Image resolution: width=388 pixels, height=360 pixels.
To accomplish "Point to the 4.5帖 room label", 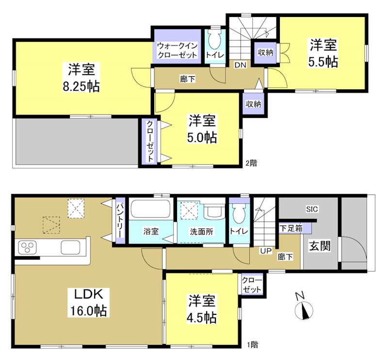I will coord(202,310).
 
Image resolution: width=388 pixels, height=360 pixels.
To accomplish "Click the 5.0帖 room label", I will coord(203,129).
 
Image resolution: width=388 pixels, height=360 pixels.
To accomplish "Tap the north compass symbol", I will coord(304,308).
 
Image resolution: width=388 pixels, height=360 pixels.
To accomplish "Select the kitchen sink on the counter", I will coord(70,247).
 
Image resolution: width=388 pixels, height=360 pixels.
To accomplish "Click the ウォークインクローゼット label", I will coord(177,51).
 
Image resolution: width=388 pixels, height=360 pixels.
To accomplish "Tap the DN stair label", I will coord(241,65).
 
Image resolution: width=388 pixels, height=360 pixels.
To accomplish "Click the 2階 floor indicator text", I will coord(251,164).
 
